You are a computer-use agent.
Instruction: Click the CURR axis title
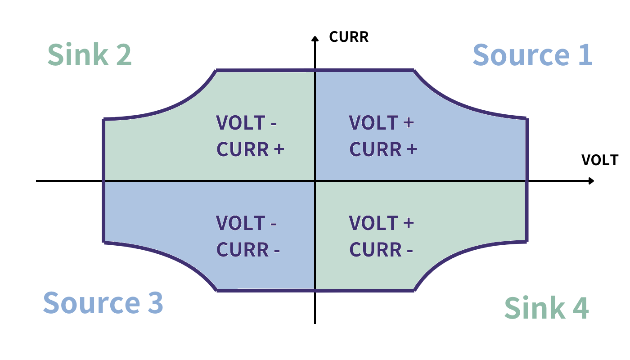(349, 36)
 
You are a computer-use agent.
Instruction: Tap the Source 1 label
(532, 55)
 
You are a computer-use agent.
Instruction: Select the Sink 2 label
(90, 54)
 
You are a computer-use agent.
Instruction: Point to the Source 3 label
(103, 302)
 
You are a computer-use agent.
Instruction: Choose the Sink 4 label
(546, 308)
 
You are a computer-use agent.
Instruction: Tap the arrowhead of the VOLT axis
(591, 181)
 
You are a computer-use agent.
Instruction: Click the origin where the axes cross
(315, 181)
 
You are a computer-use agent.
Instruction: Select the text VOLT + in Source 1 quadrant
(381, 123)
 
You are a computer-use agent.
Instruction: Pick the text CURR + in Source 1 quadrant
(383, 149)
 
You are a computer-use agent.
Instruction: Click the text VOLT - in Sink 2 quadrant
(247, 123)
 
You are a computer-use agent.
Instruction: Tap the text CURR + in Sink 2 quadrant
(250, 149)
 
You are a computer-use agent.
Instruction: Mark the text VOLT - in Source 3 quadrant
(247, 223)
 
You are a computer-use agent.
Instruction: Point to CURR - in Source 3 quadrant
(248, 250)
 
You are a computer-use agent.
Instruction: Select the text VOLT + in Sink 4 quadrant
(381, 223)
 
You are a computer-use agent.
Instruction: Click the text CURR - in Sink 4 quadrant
(381, 250)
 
